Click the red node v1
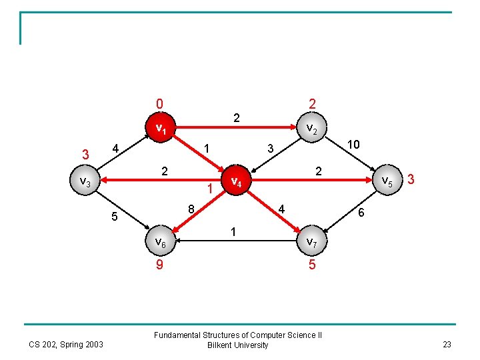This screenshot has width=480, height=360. pos(161,127)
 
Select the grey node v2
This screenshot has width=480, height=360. pos(311,127)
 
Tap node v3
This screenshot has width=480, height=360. pos(85,180)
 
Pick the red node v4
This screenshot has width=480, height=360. pos(236,180)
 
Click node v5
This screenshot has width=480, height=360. pos(387,180)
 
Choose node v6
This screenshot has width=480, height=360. pos(161,241)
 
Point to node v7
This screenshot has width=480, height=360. pos(311,241)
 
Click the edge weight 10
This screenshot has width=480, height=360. pos(353,144)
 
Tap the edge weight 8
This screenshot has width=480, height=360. pos(191,209)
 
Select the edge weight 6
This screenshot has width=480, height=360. pos(361,213)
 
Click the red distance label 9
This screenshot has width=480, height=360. pos(159,264)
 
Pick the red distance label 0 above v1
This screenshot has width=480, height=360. pos(159,104)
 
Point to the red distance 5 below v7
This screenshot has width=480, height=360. pos(312,264)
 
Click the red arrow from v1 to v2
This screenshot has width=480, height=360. pos(236,127)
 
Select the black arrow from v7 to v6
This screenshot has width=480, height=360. pos(236,241)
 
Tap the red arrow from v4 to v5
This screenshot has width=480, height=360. pos(311,180)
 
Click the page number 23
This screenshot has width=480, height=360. pos(447,345)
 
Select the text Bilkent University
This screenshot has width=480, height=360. pos(237,345)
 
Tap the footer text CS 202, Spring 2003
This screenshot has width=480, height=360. pos(66,345)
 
